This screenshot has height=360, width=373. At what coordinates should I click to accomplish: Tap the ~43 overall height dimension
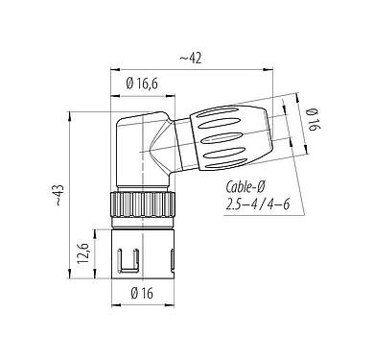[59, 199]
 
